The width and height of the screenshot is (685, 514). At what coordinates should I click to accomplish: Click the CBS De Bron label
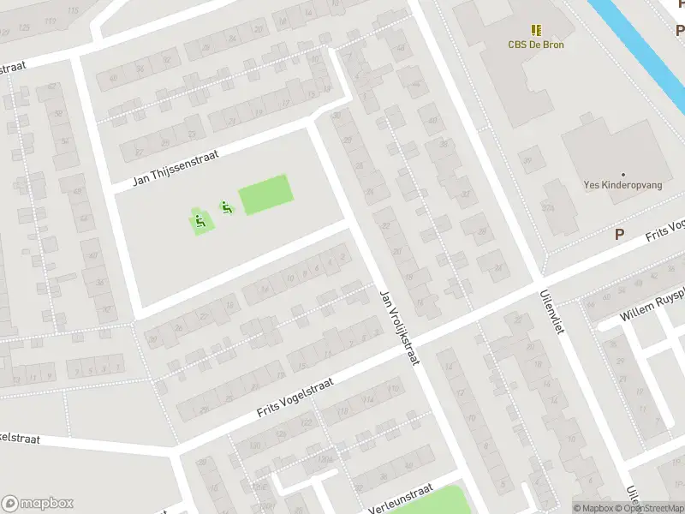(537, 45)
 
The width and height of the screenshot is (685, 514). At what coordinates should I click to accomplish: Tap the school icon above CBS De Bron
(537, 30)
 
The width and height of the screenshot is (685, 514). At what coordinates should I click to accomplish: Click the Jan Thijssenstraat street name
(176, 168)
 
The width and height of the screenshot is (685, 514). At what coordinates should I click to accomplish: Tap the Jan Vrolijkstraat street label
(399, 327)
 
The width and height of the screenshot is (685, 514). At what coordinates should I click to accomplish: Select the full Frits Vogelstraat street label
(295, 399)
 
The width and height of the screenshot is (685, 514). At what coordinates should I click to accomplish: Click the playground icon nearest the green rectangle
(226, 206)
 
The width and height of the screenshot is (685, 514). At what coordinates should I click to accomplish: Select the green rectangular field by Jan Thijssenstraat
(265, 194)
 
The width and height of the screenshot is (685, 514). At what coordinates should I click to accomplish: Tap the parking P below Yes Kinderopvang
(620, 234)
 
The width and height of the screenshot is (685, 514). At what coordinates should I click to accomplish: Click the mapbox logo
(38, 504)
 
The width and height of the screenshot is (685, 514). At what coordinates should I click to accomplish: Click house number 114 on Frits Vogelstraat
(368, 398)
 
